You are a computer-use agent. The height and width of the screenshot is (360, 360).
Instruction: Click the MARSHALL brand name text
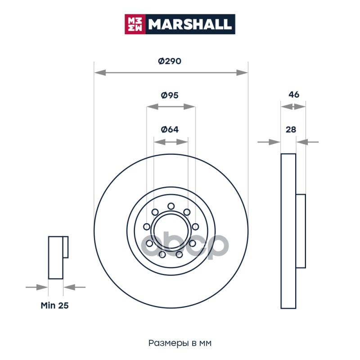coord(190,24)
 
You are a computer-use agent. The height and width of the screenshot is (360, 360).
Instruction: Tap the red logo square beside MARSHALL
coord(135,24)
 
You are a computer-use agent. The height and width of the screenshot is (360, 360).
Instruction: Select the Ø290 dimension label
coord(170,61)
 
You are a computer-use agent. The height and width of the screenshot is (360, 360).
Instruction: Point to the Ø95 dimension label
coord(170,95)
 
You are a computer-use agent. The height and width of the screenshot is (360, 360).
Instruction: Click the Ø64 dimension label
coord(170,130)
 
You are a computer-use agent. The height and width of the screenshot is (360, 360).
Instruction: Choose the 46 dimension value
coord(294,94)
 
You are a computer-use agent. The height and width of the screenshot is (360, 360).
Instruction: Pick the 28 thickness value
coord(291,130)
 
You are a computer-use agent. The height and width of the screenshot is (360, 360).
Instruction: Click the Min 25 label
coord(54,306)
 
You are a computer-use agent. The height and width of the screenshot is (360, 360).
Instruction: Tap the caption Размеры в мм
coord(180,343)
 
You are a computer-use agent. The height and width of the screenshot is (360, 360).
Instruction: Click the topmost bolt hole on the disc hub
coord(171,206)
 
